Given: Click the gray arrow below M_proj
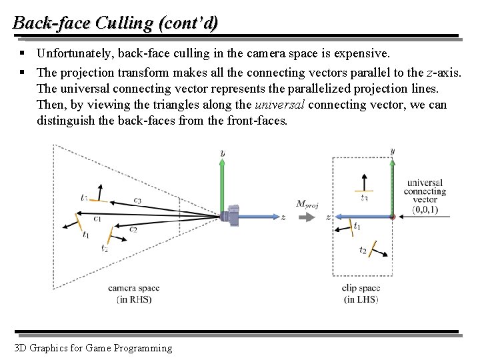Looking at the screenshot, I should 307,217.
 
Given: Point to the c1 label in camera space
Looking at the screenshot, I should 97,217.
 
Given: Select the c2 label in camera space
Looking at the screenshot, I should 133,229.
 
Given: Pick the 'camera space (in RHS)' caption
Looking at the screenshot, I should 134,294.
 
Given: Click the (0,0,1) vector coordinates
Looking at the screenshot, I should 425,209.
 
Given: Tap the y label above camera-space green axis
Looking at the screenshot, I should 222,153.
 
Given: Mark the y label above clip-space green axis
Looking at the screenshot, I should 392,151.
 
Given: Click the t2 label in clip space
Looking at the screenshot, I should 363,250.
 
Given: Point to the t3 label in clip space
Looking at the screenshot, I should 364,198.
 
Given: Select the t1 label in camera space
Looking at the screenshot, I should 86,234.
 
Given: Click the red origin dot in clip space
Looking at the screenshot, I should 392,217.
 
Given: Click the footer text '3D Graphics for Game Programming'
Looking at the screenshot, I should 92,347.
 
